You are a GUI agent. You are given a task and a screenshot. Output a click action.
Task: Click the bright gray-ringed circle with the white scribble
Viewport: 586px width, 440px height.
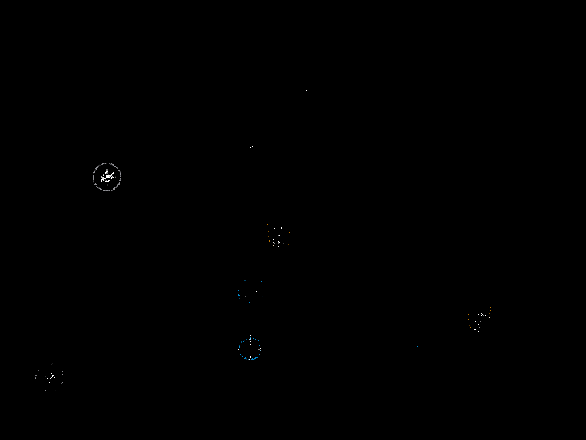pos(107,176)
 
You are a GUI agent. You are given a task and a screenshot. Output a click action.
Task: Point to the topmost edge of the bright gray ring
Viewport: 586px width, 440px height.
pos(107,163)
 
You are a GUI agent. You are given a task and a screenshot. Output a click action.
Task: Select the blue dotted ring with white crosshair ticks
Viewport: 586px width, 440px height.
pos(250,349)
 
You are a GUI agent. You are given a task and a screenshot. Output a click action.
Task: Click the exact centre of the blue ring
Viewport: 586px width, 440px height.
pos(250,349)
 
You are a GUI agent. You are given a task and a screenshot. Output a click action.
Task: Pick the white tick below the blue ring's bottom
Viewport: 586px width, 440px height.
pos(250,362)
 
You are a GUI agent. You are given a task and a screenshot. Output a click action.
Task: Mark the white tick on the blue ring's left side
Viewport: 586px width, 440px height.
pos(239,349)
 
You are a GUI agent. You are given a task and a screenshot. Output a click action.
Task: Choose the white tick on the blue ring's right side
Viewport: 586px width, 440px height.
pos(262,349)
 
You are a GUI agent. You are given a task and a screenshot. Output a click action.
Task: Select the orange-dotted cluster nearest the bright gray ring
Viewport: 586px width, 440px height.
pos(278,233)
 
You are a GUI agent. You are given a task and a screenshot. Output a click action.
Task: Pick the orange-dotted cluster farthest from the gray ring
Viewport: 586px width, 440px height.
pos(479,319)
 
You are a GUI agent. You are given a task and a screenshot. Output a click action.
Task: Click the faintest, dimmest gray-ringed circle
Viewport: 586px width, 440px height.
pos(50,378)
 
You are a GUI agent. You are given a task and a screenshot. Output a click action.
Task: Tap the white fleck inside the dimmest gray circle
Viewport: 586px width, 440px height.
pos(50,376)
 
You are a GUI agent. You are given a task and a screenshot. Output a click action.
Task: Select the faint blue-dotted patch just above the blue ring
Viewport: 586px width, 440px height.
pos(250,293)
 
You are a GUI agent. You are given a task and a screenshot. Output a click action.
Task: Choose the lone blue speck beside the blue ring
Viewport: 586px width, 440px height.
pos(417,346)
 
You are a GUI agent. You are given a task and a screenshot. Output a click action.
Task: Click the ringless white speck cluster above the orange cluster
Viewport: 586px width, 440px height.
pos(251,148)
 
